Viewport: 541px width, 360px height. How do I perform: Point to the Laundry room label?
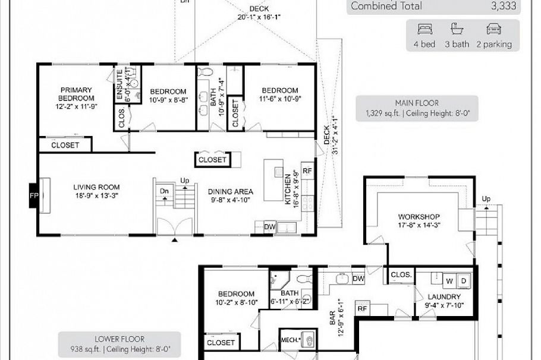click(443, 301)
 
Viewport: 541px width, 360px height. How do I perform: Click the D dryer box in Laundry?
click(464, 280)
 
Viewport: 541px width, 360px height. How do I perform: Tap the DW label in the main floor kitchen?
click(269, 226)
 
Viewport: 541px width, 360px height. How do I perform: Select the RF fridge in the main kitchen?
click(307, 170)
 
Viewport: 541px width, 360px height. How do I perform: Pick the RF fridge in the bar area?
click(361, 308)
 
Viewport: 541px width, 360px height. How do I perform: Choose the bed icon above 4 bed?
click(424, 29)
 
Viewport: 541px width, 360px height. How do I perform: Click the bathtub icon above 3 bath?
click(457, 29)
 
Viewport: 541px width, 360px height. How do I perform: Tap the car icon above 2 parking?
click(493, 29)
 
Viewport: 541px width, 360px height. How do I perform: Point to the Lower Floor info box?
click(119, 344)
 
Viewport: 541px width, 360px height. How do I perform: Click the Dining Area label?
click(231, 195)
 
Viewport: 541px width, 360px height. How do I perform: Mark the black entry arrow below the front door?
click(174, 240)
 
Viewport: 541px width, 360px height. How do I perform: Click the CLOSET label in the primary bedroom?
click(65, 145)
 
